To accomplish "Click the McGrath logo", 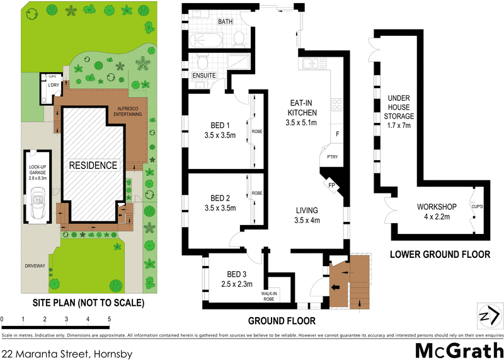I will click(x=459, y=349).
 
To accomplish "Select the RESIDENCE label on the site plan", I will click(x=93, y=166).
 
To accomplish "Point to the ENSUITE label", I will click(x=205, y=76).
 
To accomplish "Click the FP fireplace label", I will click(x=331, y=187).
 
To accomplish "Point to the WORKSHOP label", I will click(x=437, y=207).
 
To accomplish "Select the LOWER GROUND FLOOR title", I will click(x=440, y=255).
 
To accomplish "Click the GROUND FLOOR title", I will click(x=280, y=320).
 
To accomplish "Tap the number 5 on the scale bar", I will click(x=109, y=319).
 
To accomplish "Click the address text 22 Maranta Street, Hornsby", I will click(x=67, y=354).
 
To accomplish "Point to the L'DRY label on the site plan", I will click(x=54, y=85).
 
